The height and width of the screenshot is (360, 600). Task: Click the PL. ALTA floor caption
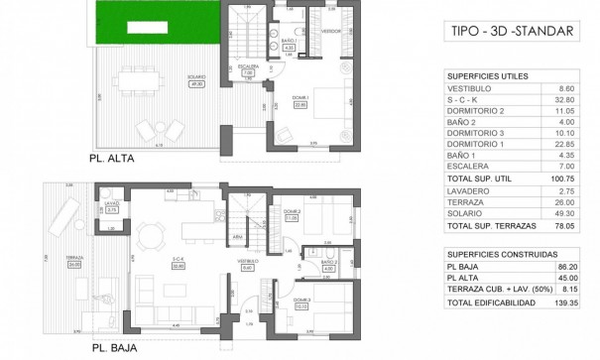click(x=112, y=157)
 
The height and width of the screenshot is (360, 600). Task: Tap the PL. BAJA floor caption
click(x=111, y=348)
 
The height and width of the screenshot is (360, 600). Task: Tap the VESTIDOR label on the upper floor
click(x=330, y=31)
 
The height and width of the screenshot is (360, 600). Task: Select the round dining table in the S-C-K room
click(x=152, y=235)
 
